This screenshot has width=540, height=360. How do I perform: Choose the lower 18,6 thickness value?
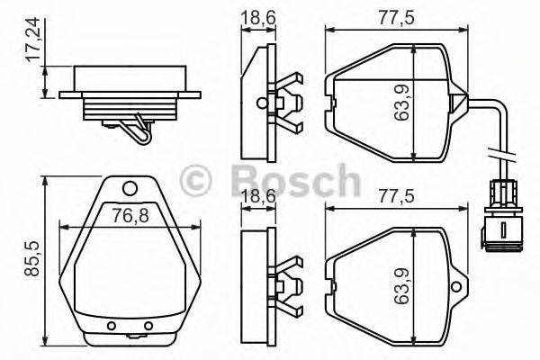click(x=258, y=195)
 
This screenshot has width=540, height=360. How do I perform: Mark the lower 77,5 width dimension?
click(x=394, y=195)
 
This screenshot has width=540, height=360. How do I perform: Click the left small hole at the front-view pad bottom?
click(x=112, y=326)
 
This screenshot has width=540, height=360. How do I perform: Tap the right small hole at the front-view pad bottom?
click(x=148, y=326)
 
